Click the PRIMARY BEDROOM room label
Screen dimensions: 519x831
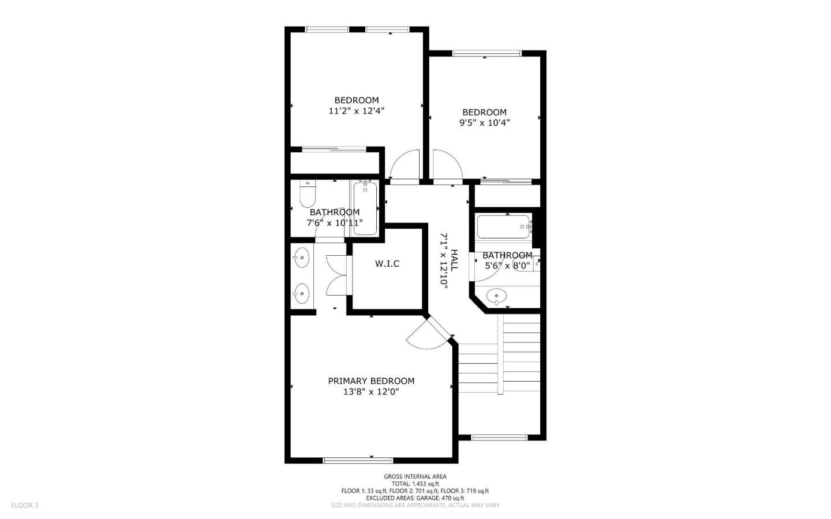coord(371,381)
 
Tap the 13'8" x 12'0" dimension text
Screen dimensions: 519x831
coord(371,392)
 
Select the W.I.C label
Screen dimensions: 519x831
coord(387,264)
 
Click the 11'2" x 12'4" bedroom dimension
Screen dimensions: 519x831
coord(356,111)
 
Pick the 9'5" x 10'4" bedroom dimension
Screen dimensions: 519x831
coord(484,123)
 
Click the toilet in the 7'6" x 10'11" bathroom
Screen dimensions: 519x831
coord(307,194)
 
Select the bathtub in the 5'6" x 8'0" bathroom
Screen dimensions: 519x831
coord(504,226)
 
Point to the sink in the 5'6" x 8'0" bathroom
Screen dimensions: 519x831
coord(496,297)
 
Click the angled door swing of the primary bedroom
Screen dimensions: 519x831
coord(428,336)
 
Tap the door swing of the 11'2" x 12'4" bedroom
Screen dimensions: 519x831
coord(405,165)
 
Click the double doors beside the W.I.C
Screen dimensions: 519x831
coord(336,275)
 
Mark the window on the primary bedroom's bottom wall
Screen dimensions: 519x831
coord(358,460)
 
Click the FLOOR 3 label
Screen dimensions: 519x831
coord(24,505)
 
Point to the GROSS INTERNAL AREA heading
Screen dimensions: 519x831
coord(415,476)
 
